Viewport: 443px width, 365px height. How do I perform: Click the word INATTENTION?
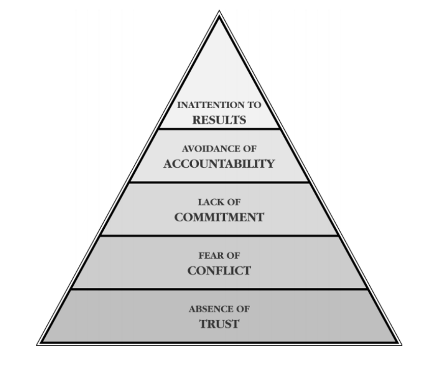(210, 105)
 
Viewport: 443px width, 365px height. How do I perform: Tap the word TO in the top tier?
(254, 105)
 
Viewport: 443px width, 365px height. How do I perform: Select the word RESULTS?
(219, 120)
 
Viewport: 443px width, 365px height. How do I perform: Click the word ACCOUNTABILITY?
(219, 164)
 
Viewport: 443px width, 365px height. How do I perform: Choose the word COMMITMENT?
(219, 218)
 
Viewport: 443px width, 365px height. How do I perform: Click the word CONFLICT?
(219, 271)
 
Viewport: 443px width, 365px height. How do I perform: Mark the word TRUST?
(219, 324)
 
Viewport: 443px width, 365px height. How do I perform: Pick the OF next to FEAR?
(232, 256)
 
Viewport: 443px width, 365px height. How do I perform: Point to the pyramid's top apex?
(219, 12)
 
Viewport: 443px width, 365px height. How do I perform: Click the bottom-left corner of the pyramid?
(39, 344)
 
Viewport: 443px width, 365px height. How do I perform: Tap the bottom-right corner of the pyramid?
(400, 344)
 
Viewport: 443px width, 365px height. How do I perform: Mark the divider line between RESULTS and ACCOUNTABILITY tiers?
(219, 129)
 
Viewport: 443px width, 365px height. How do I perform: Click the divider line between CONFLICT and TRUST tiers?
(219, 289)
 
